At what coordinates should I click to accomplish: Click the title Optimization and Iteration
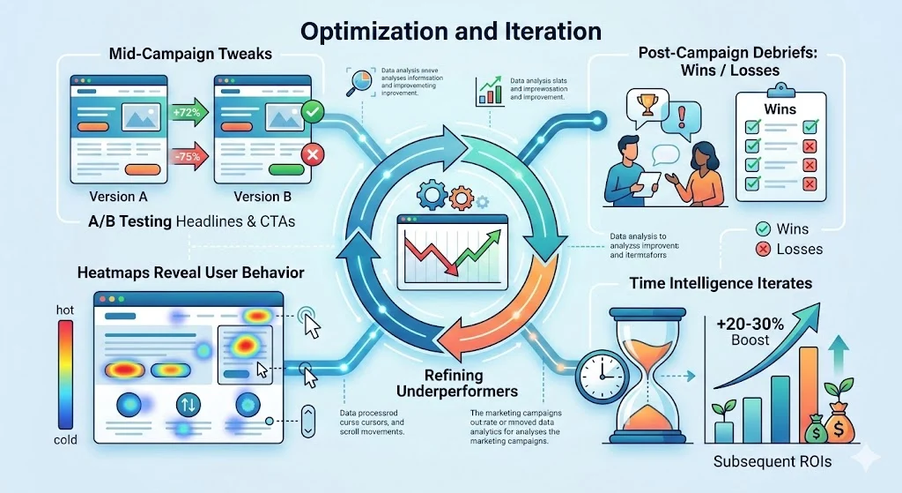[450, 31]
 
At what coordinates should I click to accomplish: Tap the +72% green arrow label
[184, 112]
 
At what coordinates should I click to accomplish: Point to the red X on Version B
[310, 155]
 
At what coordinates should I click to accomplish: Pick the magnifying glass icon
[358, 84]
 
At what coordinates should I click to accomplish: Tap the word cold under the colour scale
[64, 439]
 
